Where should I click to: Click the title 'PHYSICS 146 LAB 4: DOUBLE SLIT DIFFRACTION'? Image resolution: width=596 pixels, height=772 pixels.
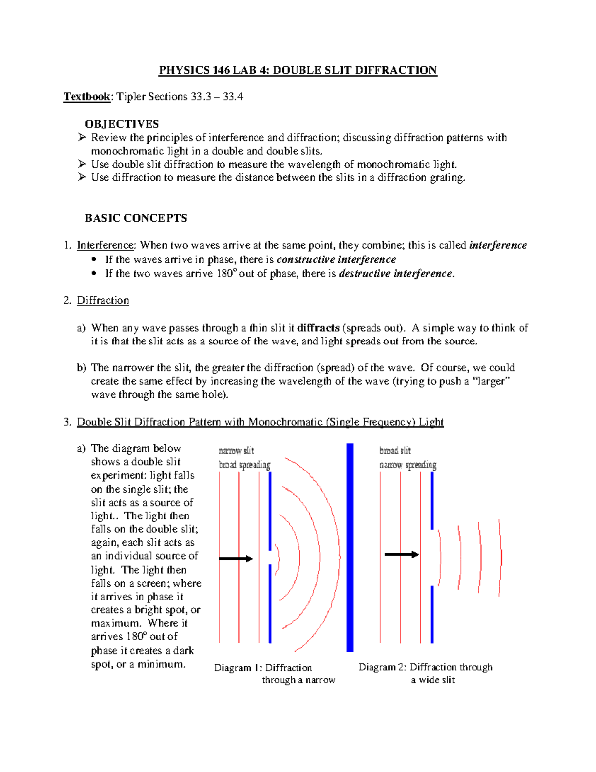click(x=298, y=70)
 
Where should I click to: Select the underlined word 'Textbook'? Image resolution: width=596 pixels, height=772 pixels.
click(x=86, y=97)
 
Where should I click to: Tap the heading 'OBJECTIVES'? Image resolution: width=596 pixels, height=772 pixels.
click(x=122, y=124)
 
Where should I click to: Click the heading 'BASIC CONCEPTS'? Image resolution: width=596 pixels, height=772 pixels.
click(x=136, y=218)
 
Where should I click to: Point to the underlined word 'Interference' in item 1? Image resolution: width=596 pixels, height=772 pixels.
click(x=105, y=245)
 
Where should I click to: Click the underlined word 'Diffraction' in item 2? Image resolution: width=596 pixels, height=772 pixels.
click(x=103, y=301)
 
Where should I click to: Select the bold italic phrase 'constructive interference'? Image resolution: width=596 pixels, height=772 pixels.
click(x=336, y=260)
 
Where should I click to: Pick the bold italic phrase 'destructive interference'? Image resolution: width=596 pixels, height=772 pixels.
click(x=396, y=274)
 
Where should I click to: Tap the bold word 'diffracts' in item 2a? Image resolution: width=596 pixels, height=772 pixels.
click(x=318, y=328)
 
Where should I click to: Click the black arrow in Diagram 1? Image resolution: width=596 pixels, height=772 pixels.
click(x=236, y=559)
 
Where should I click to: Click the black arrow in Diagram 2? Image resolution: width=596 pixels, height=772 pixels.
click(x=401, y=554)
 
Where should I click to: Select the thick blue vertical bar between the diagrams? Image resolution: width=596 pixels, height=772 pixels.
click(x=350, y=547)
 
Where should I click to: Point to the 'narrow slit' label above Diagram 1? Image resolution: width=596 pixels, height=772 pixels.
click(x=236, y=451)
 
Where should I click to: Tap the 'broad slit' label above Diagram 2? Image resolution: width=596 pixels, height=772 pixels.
click(x=395, y=451)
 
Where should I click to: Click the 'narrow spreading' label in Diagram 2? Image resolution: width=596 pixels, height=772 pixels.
click(x=408, y=465)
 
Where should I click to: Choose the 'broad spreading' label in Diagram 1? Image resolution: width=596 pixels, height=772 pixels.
click(x=244, y=465)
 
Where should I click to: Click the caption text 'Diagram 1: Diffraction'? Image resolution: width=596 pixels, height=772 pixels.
click(x=263, y=668)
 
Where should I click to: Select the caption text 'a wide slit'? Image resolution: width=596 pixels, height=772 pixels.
click(x=433, y=680)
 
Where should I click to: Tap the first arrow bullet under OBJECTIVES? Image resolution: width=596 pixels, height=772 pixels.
click(x=82, y=137)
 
